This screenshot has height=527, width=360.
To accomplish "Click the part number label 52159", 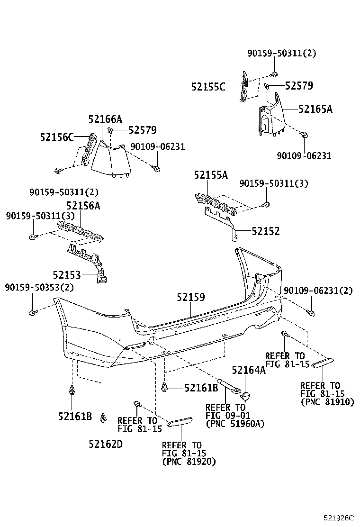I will point(191,297).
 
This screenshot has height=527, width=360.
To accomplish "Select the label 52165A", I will point(315,109).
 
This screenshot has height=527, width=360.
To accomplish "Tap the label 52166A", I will point(105,119).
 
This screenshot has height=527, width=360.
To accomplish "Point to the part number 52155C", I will point(208,87).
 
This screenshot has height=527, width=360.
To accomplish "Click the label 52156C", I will point(57,137).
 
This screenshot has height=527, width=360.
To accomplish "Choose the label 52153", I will point(66,275).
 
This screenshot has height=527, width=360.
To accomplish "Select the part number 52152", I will point(265,231).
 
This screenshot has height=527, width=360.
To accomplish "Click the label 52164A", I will point(248,371).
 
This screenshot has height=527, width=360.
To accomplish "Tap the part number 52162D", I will point(105,444).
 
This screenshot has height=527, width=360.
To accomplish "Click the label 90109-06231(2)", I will point(318,291).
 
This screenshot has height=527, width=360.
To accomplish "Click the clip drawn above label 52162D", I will point(103,418).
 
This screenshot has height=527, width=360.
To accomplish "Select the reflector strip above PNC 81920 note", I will point(180,421).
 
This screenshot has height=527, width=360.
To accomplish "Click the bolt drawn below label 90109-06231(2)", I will point(311,312).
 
